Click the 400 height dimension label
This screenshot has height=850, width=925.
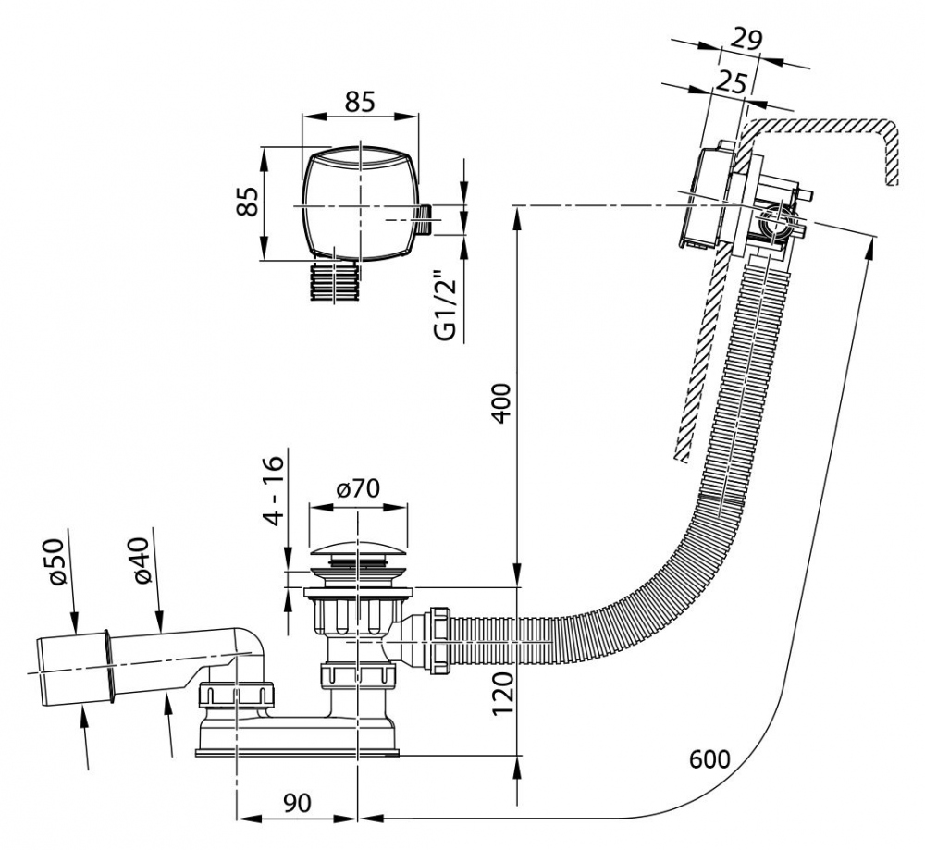500,400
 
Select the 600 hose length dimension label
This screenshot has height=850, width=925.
709,758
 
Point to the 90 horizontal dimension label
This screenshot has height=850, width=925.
296,803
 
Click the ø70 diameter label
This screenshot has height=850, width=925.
358,490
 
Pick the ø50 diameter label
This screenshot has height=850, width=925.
56,561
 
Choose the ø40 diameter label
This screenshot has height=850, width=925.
140,561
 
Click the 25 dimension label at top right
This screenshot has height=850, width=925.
730,83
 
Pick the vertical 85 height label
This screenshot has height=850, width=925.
247,203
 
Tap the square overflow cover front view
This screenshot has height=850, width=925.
359,203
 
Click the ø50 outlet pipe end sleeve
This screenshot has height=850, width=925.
74,667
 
